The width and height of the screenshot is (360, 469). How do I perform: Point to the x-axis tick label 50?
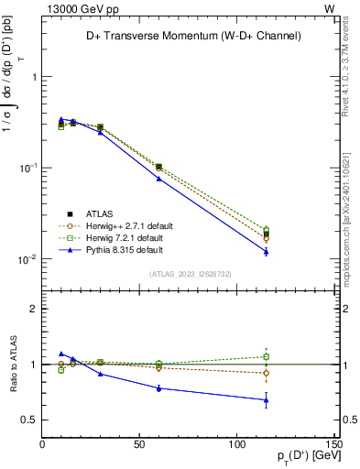[140, 444]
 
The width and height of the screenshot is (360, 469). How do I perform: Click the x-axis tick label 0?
[43, 444]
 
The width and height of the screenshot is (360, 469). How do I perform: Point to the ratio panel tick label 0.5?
[29, 420]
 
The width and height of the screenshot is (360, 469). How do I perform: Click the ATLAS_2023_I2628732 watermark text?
[189, 273]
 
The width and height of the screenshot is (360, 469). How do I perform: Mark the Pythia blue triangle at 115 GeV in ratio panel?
[266, 399]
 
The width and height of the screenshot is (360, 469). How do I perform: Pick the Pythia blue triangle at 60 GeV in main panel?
[158, 179]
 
